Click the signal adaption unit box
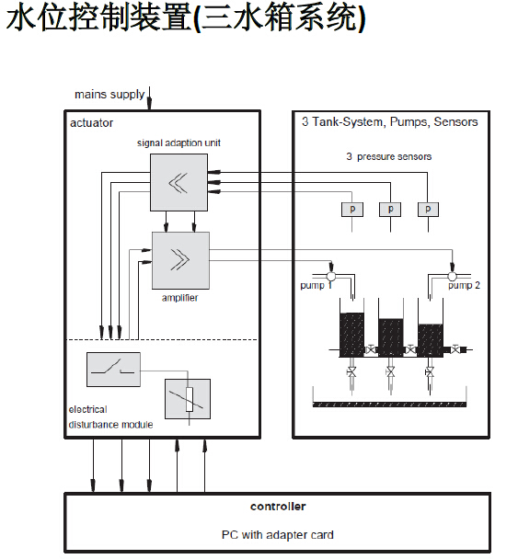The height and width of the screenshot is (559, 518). (x=178, y=182)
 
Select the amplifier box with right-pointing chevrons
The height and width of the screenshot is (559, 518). (x=180, y=260)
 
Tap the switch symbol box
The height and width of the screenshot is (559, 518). (x=113, y=370)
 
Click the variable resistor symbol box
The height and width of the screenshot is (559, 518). (x=188, y=399)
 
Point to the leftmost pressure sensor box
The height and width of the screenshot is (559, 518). (x=352, y=210)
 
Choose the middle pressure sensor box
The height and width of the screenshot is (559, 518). (x=390, y=210)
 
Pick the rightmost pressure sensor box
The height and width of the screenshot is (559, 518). (x=428, y=210)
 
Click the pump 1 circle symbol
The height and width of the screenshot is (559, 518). (x=331, y=276)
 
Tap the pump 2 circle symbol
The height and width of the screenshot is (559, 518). (x=452, y=276)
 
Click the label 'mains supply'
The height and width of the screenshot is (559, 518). (x=109, y=95)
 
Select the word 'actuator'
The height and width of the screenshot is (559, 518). (x=91, y=123)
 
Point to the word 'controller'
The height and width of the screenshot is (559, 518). (x=278, y=507)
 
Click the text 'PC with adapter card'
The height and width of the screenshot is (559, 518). (x=278, y=535)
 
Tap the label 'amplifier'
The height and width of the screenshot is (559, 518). (x=179, y=298)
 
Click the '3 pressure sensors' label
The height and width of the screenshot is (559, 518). (x=389, y=156)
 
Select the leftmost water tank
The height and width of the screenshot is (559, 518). (x=351, y=327)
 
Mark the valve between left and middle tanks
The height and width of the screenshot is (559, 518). (x=372, y=349)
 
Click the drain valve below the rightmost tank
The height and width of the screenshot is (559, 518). (x=430, y=372)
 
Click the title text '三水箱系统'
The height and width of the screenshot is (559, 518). (x=279, y=17)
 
